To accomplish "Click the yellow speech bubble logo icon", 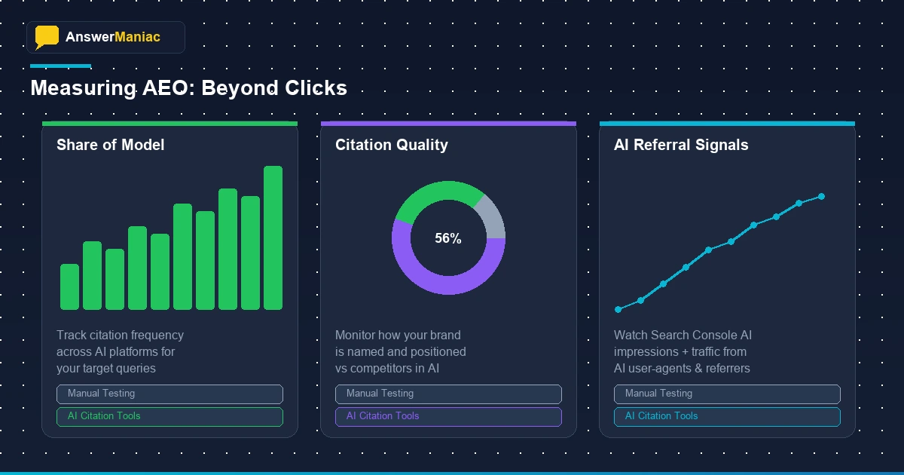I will click(47, 36).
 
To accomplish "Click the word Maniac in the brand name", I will click(137, 37).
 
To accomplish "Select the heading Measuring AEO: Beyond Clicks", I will click(188, 88).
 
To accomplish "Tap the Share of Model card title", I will click(110, 145).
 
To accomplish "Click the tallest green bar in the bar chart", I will click(273, 237).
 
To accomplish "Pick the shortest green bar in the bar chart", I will click(69, 287).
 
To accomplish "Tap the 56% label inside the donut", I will click(448, 238).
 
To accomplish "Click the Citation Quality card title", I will click(391, 145).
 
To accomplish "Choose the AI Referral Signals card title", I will click(681, 145).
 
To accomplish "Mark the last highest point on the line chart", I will click(821, 197).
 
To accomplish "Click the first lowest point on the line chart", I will click(618, 309).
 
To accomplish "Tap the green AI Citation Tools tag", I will click(169, 416).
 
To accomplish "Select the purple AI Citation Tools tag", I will click(448, 416).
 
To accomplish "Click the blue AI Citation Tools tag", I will click(727, 416).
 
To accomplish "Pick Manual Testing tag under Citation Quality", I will click(448, 394).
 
